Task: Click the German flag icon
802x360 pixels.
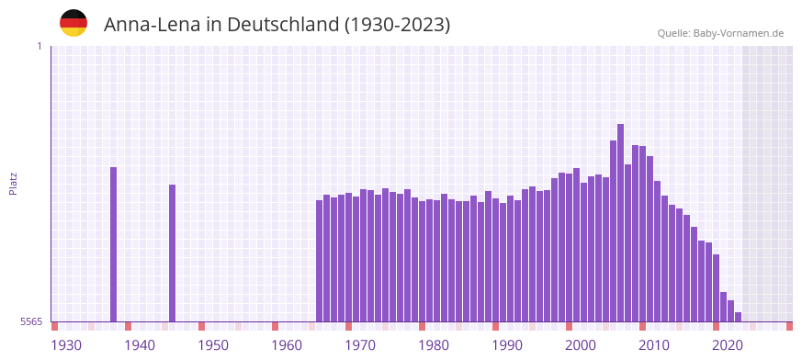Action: click(x=73, y=24)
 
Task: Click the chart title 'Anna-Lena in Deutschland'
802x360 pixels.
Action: click(x=277, y=25)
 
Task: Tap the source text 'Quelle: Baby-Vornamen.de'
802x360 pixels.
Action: click(x=720, y=33)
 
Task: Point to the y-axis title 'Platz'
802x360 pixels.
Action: click(x=13, y=183)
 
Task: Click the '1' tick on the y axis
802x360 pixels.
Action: click(x=39, y=46)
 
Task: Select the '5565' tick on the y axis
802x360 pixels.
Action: click(x=30, y=322)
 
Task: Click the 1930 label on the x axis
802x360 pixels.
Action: click(x=66, y=345)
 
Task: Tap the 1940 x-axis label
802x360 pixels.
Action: click(x=140, y=345)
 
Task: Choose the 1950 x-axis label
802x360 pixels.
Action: click(x=213, y=345)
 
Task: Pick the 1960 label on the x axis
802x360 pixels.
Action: click(x=287, y=345)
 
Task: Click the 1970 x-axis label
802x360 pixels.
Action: click(x=360, y=345)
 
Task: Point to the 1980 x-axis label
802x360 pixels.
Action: click(x=434, y=345)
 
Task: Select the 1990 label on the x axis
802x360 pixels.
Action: click(x=507, y=345)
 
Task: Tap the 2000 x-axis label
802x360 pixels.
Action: click(x=581, y=345)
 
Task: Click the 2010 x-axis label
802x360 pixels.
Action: click(x=654, y=345)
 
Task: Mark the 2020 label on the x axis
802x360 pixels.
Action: click(x=728, y=345)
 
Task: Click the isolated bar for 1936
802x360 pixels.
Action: click(x=114, y=244)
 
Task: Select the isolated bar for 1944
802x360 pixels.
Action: click(x=172, y=253)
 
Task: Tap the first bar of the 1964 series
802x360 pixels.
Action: click(x=320, y=261)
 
